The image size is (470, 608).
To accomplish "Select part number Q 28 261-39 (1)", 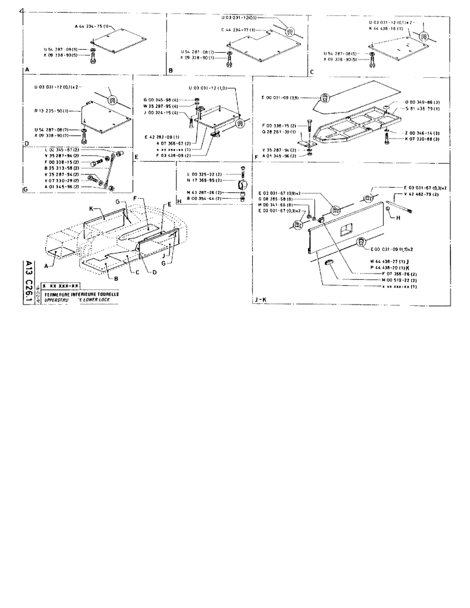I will pyautogui.click(x=279, y=131).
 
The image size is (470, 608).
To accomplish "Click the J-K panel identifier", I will pyautogui.click(x=261, y=300).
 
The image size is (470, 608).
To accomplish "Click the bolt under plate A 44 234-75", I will pyautogui.click(x=92, y=58).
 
